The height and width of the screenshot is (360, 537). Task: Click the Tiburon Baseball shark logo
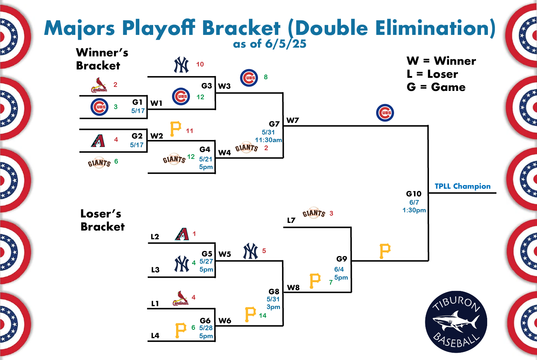pos(456,322)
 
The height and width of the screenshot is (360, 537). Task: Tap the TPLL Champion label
pos(462,186)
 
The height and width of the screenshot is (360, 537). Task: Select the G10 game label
pos(414,194)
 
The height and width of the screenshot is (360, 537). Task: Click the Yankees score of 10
pos(200,64)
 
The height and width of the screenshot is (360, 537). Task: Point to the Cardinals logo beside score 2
pos(99,85)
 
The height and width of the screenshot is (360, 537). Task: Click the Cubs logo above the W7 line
pos(385,113)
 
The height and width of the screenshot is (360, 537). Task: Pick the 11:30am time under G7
pos(268,140)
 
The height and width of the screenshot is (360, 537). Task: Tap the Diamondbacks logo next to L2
pos(182,234)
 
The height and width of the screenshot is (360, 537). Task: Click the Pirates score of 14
pos(263,315)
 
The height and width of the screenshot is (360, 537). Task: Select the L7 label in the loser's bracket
pos(291,220)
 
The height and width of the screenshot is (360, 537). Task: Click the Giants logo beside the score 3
pos(314,213)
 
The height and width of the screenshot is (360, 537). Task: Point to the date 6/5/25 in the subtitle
pos(286,44)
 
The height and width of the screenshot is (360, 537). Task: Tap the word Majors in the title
pos(79,28)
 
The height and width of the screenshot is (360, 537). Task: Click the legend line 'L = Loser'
pos(432,74)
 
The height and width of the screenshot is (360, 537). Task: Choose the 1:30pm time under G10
pos(414,210)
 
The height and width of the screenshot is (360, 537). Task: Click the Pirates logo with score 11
pos(175,129)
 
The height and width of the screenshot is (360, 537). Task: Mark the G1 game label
pos(138,102)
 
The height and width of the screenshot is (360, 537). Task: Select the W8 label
pos(294,287)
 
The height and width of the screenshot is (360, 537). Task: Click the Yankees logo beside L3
pos(182,264)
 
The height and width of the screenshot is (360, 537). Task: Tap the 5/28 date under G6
pos(206,328)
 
